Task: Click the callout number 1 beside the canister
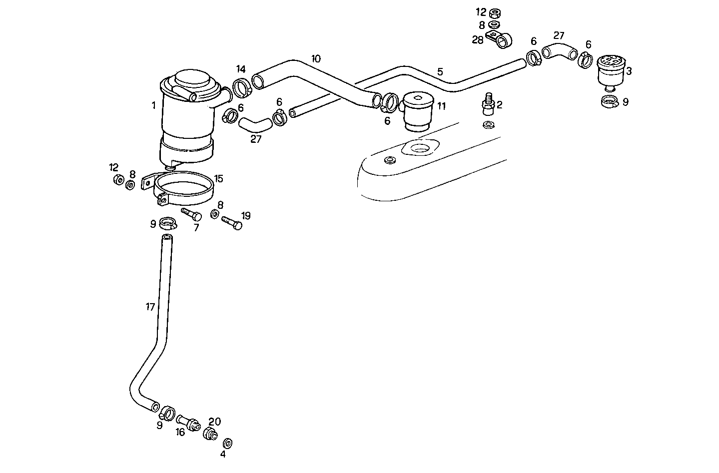point(154,105)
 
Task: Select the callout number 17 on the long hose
point(150,307)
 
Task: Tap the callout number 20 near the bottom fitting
point(214,422)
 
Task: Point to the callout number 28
point(478,40)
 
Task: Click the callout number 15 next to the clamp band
point(219,179)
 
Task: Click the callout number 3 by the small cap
point(629,71)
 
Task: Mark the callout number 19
point(246,216)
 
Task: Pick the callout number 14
point(241,69)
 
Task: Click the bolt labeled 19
point(231,222)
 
